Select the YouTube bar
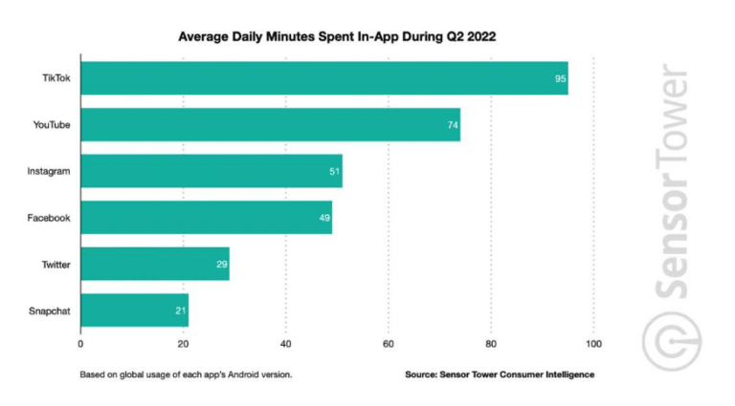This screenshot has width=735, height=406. (270, 124)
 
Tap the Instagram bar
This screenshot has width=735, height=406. (211, 171)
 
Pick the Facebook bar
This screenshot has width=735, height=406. (206, 218)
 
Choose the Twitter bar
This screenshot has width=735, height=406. (154, 264)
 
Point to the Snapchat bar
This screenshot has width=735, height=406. (134, 310)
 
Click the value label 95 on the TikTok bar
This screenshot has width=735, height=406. (560, 78)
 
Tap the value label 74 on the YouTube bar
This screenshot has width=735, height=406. (452, 125)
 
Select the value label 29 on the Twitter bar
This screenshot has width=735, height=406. (221, 264)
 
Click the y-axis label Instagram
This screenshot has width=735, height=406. (48, 171)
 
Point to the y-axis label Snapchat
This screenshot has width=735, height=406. (49, 310)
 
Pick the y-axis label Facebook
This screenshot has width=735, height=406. (49, 218)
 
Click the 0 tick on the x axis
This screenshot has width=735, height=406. (80, 343)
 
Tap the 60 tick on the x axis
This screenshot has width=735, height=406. (389, 343)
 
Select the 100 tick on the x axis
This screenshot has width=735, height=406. (593, 343)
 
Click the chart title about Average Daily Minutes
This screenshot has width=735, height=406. (338, 36)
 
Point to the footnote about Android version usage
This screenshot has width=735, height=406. (186, 374)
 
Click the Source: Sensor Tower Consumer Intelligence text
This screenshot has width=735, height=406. (499, 374)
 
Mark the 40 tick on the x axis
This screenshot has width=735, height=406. (285, 343)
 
